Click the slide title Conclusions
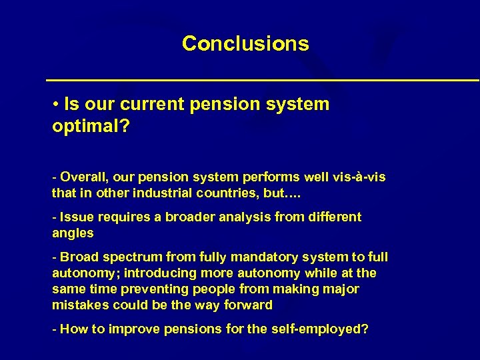(x=245, y=43)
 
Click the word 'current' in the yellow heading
(x=163, y=105)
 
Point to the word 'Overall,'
(x=85, y=177)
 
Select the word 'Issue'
(x=77, y=217)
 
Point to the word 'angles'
(x=73, y=233)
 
